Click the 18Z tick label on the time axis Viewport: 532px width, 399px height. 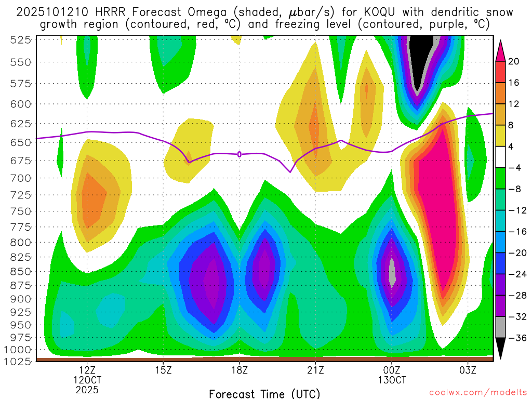tap(239, 370)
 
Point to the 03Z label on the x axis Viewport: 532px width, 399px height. tap(468, 370)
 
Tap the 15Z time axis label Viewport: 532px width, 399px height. tap(163, 370)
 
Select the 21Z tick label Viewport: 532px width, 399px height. tap(315, 370)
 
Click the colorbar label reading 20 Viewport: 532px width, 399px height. tap(514, 61)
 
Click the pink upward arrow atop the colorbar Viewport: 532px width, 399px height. tap(501, 49)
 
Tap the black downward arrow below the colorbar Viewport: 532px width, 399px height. tap(501, 349)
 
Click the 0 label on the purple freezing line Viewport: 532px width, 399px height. tap(240, 154)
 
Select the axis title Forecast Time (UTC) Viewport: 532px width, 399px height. tap(264, 393)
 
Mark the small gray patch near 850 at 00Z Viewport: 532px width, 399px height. tap(392, 270)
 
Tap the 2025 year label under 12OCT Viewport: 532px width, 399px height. tap(87, 389)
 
